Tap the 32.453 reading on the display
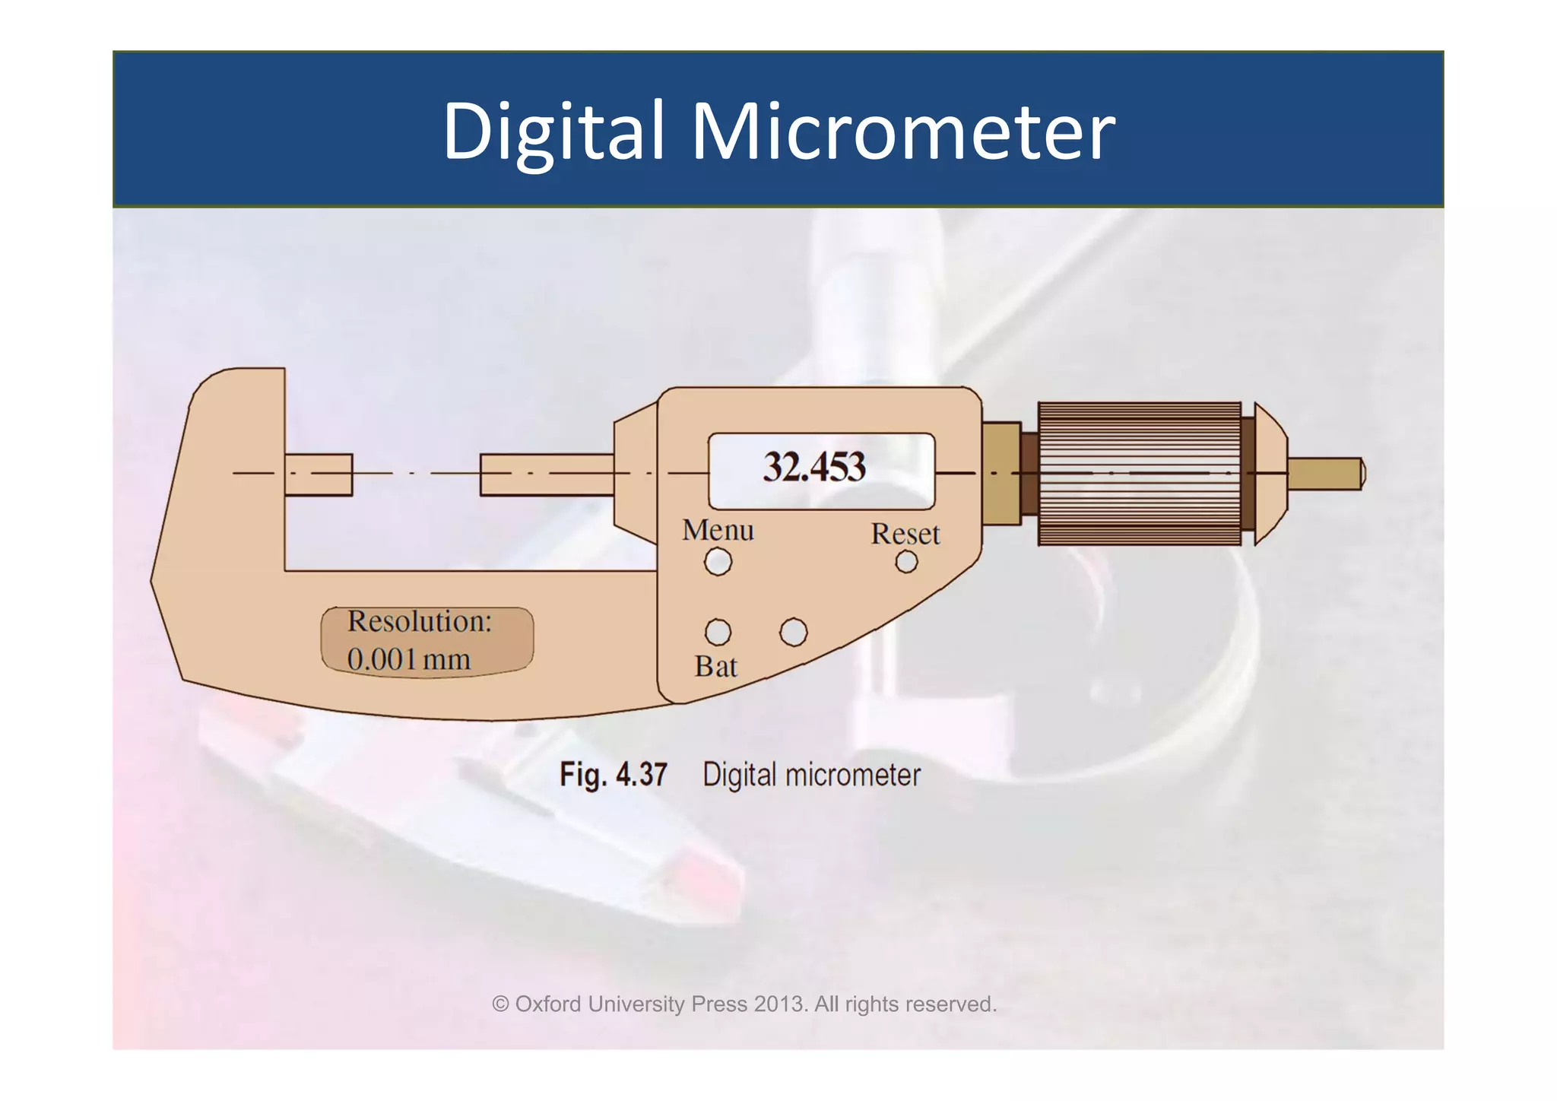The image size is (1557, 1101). [x=814, y=467]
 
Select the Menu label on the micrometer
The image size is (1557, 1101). [x=718, y=530]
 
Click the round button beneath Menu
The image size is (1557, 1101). [x=718, y=563]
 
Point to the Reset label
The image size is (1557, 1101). [x=905, y=534]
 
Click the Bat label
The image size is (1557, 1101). [x=715, y=667]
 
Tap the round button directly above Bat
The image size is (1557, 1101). [x=718, y=632]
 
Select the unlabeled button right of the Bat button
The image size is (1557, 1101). [x=793, y=632]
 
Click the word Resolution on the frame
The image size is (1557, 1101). [x=420, y=621]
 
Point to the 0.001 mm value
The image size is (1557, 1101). [x=408, y=659]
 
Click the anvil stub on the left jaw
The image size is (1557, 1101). [x=319, y=474]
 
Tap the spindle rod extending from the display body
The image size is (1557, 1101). [x=547, y=474]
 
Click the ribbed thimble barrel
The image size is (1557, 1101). [x=1139, y=474]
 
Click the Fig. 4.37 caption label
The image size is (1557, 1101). [x=613, y=775]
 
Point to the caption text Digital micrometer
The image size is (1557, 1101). [x=811, y=775]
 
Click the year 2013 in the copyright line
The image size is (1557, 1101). [x=779, y=1004]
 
